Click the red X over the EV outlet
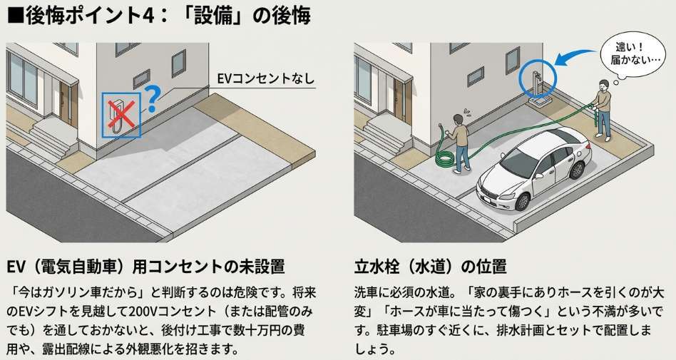pyautogui.click(x=121, y=115)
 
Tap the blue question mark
pyautogui.click(x=151, y=98)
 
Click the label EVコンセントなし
pyautogui.click(x=265, y=79)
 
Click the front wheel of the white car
pyautogui.click(x=523, y=201)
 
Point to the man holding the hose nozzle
pyautogui.click(x=459, y=143)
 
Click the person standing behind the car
pyautogui.click(x=603, y=110)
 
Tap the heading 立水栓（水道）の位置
pyautogui.click(x=430, y=267)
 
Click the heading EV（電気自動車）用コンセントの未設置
pyautogui.click(x=145, y=267)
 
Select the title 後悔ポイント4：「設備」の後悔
pyautogui.click(x=159, y=16)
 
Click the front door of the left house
pyautogui.click(x=66, y=103)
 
